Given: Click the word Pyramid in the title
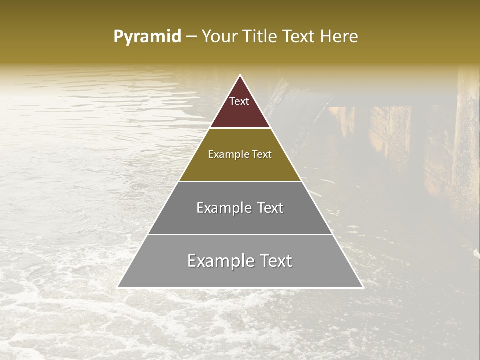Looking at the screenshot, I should [x=147, y=37].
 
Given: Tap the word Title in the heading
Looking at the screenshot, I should [x=262, y=37].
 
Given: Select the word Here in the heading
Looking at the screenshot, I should [x=339, y=37].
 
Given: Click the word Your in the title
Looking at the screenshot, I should [x=220, y=37].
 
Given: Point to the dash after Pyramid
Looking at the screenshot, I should [x=191, y=37].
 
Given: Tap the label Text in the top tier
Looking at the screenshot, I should [x=239, y=101].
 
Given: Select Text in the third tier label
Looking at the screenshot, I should [x=270, y=208].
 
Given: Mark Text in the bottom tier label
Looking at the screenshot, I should [x=276, y=261].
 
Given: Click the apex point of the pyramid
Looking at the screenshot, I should [x=240, y=75].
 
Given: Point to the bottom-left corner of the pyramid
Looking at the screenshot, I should [x=118, y=287].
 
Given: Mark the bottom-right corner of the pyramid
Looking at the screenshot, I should [x=363, y=287].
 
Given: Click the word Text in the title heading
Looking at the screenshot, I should [x=298, y=37].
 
